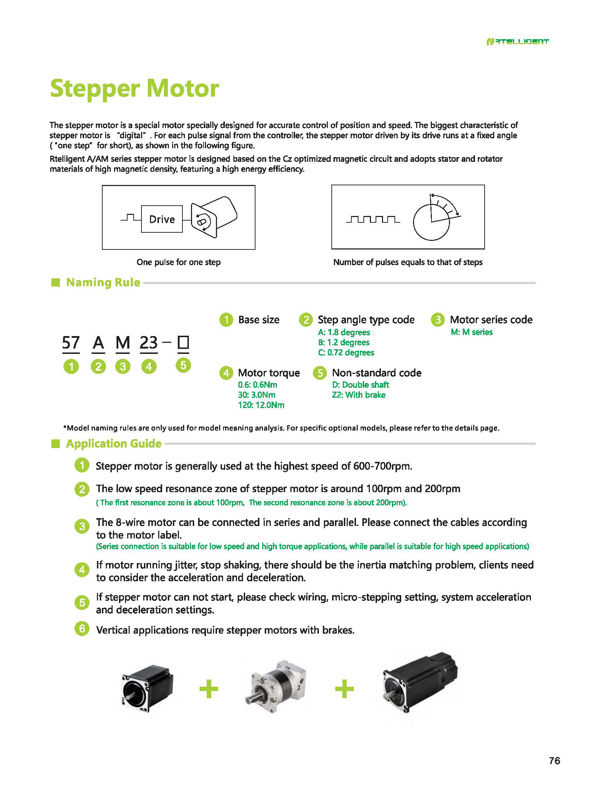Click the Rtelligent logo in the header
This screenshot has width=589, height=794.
517,42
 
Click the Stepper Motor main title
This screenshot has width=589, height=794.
134,88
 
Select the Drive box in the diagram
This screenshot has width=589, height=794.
162,219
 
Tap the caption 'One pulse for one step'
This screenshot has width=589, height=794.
178,262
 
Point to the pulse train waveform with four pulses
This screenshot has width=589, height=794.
373,219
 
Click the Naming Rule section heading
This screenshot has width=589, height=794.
103,282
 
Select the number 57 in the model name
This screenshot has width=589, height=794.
71,342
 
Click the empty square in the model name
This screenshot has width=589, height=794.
183,342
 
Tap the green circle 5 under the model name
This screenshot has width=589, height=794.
183,365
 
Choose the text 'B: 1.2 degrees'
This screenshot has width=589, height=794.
344,342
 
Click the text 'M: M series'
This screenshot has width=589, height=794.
471,332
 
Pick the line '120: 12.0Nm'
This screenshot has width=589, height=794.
261,405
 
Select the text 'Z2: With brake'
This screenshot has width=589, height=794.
358,395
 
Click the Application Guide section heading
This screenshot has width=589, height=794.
113,444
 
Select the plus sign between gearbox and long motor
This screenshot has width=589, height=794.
345,689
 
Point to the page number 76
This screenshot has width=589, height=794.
554,761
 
